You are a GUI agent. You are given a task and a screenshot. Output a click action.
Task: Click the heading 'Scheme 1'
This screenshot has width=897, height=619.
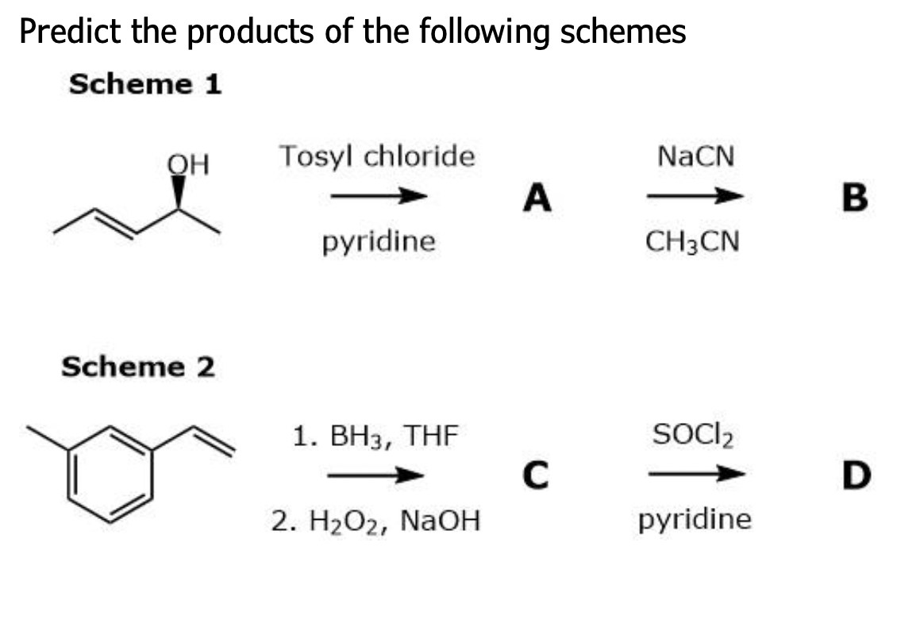point(144,84)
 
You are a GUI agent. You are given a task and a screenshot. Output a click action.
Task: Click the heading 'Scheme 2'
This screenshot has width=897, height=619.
point(138,367)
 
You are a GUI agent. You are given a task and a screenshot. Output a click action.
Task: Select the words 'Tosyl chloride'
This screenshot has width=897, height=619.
point(376,156)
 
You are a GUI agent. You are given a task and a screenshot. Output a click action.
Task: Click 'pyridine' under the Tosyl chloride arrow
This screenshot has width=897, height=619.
point(379,240)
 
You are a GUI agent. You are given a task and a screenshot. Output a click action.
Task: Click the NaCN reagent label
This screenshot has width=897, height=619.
point(696,156)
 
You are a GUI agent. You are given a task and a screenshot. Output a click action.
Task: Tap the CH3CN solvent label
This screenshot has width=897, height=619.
point(693,240)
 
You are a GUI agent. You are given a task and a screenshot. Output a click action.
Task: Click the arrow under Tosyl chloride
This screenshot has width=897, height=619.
point(379,196)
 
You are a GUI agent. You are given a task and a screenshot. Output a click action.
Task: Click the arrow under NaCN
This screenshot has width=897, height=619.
point(694,196)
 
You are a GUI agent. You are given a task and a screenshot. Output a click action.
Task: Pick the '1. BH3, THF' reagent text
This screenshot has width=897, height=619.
point(375,436)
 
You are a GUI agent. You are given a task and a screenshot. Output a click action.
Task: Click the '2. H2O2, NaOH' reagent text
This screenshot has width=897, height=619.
point(375,521)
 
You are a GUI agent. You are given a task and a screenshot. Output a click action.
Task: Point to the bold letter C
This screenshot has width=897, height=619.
point(537,477)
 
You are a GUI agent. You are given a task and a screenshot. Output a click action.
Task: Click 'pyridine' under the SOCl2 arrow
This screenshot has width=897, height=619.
point(694,520)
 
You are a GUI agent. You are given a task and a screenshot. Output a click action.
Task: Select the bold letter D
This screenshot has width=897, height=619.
point(857,477)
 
